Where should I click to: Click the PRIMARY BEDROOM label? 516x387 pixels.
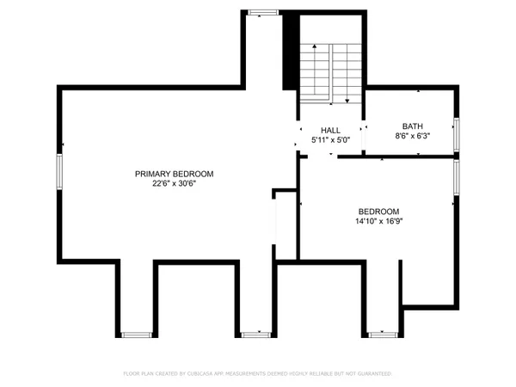pos(174,174)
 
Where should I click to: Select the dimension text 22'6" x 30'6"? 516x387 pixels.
pos(174,183)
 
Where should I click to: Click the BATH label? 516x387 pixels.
pos(412,126)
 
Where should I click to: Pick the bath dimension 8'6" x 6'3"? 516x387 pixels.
pos(412,135)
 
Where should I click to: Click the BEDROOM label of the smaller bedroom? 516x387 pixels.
pos(378,212)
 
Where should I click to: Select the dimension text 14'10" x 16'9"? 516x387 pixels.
pos(378,221)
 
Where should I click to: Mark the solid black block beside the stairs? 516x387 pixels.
pos(291,52)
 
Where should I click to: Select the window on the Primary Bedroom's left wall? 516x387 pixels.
pos(58,171)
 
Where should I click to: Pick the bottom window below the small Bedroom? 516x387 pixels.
pos(379,334)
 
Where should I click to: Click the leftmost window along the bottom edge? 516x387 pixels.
pos(135,334)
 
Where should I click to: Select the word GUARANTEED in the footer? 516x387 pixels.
pos(372,374)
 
